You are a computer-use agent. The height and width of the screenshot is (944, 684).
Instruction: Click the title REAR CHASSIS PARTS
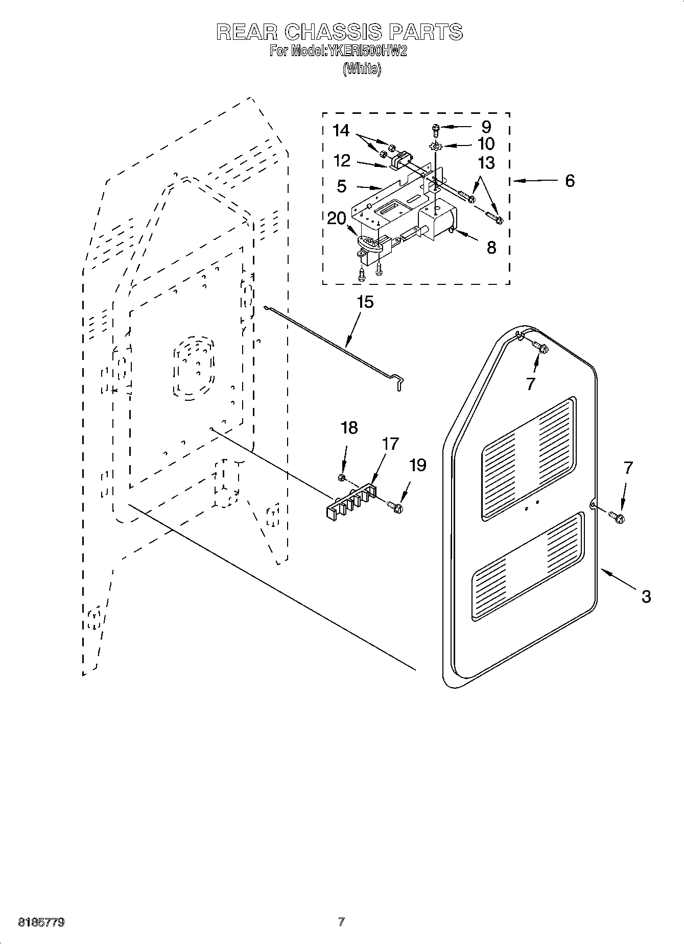tap(339, 32)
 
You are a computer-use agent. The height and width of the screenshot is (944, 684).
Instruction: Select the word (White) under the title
tap(362, 68)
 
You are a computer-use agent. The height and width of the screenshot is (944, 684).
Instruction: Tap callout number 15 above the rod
tap(365, 302)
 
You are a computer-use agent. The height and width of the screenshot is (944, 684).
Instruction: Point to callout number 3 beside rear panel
tap(646, 596)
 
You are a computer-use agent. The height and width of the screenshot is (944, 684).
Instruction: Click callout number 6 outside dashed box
tap(570, 180)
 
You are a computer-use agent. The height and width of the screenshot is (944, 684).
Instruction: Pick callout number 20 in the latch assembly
tap(337, 218)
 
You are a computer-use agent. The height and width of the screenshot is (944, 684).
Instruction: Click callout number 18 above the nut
tap(349, 428)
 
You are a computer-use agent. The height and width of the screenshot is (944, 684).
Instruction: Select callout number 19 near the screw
tap(418, 465)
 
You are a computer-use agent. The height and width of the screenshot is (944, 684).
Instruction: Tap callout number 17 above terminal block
tap(390, 444)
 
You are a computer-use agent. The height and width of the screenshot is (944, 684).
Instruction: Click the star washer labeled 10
tap(435, 147)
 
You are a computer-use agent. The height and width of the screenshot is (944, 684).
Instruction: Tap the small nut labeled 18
tap(341, 477)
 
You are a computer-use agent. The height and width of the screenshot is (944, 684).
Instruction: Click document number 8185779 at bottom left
tap(41, 923)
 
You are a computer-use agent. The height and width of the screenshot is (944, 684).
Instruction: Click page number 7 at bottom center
tap(341, 922)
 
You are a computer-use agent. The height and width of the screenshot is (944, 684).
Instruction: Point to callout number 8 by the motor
tap(491, 248)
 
